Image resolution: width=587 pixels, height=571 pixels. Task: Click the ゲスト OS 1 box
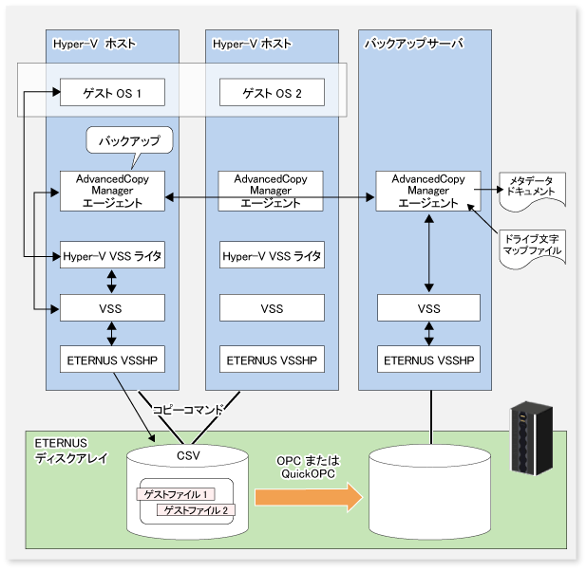coord(112,92)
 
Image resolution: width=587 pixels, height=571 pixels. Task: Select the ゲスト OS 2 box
coord(272,92)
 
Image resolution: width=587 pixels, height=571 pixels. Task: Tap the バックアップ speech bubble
coord(129,141)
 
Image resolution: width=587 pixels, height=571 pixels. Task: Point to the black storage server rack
coord(532,438)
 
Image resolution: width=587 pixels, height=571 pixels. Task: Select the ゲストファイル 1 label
coord(176,494)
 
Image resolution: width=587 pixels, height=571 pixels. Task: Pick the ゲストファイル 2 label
coord(196,510)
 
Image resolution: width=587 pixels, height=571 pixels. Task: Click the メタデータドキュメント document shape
coord(532,190)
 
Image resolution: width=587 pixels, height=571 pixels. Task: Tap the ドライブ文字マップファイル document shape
coord(532,248)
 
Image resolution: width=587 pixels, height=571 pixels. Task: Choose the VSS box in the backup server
coord(428,307)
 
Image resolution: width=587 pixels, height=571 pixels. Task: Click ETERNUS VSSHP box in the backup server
coord(428,359)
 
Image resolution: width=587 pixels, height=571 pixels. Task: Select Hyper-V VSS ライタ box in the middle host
coord(272,255)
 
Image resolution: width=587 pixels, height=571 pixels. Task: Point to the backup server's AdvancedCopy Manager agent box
coord(428,191)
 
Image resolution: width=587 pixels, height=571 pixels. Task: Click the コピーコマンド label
coord(188,410)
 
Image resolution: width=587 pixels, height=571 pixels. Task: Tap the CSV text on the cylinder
coord(188,456)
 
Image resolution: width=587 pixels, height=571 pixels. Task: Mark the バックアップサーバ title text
coord(414,44)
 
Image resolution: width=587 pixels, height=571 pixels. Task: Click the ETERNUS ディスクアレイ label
coord(71,451)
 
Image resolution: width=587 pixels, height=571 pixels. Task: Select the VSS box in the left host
coord(112,307)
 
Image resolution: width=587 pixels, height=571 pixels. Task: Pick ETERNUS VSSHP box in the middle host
coord(272,359)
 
